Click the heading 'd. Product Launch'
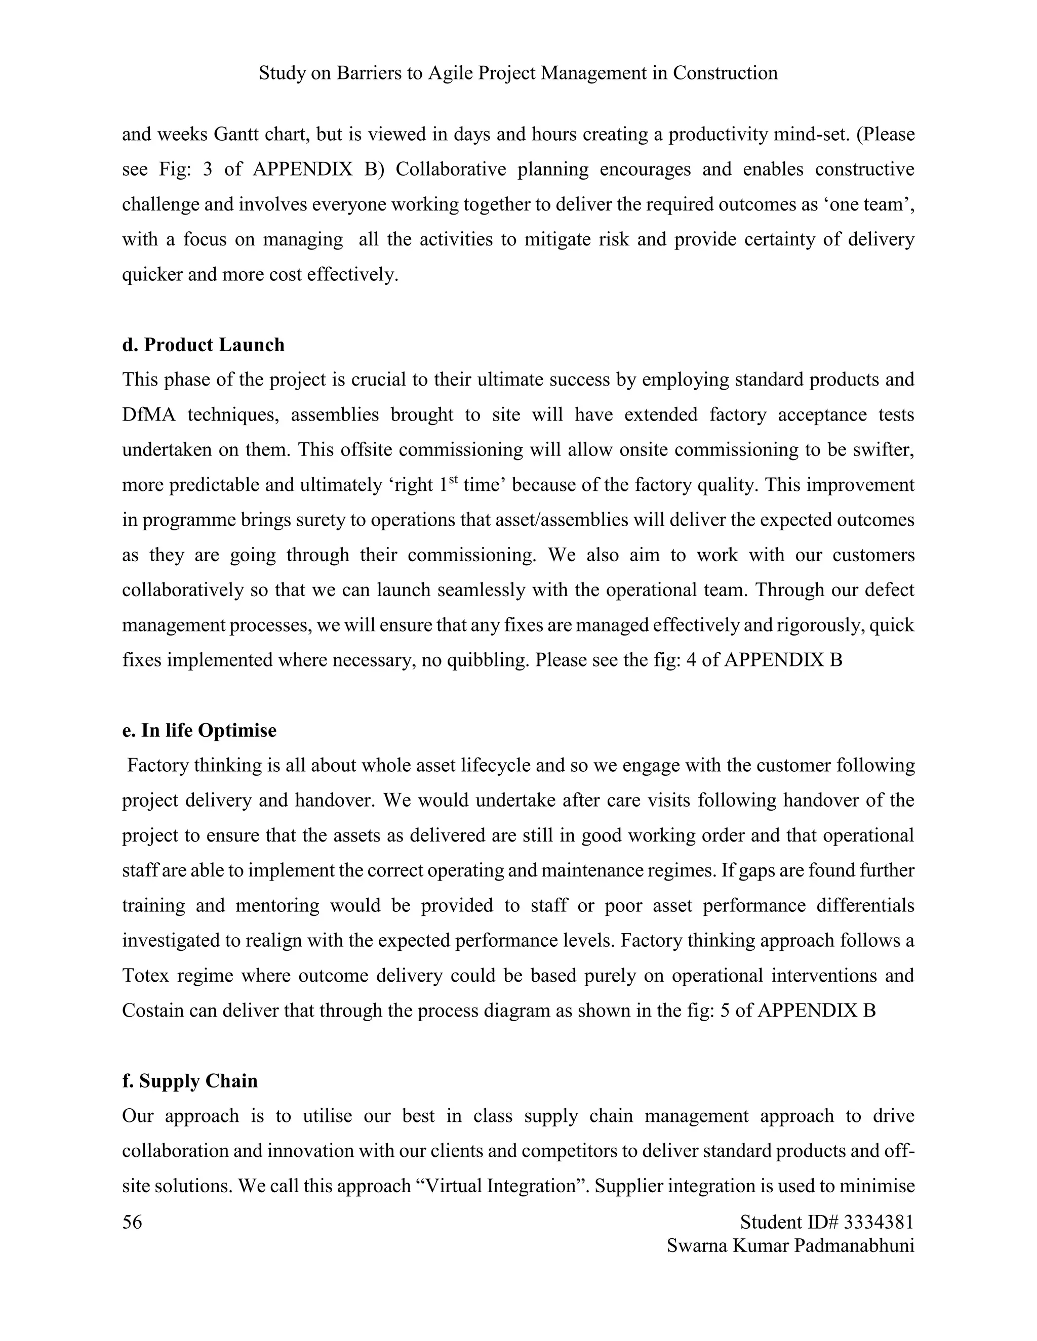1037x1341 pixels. [x=204, y=345]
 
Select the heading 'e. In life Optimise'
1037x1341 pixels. [x=199, y=731]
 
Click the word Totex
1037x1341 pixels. [x=146, y=976]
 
